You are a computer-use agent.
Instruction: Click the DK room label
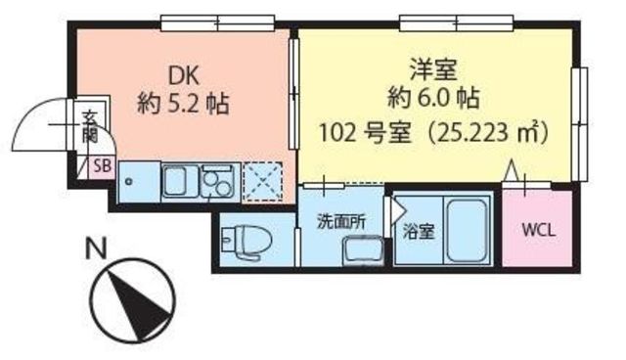tap(183, 76)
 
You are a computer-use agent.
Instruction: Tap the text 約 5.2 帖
tap(183, 104)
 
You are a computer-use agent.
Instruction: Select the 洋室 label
tap(433, 70)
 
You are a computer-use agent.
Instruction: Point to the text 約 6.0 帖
tap(433, 98)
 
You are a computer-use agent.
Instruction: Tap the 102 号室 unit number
tap(365, 133)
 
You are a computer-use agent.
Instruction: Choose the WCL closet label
tap(539, 230)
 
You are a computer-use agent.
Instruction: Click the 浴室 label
tap(418, 232)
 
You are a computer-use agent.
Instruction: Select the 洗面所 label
tap(341, 222)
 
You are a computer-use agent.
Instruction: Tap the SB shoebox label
tap(102, 166)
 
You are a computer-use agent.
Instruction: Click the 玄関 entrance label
tap(90, 127)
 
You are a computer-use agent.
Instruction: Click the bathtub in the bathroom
tap(467, 231)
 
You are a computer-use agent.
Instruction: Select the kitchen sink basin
tap(180, 182)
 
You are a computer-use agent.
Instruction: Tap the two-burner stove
tap(218, 182)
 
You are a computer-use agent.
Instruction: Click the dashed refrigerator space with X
tap(263, 181)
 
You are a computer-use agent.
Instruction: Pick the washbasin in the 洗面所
tap(364, 251)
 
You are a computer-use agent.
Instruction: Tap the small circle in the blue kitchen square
tap(128, 182)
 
